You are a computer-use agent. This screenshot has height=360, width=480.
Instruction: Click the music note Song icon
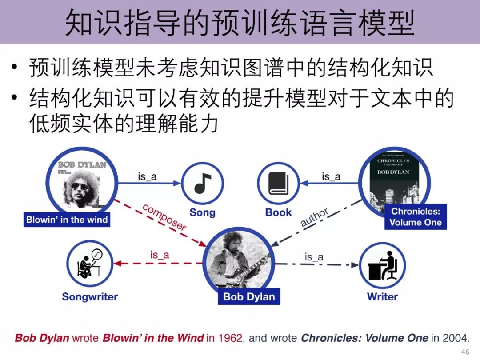pos(202,183)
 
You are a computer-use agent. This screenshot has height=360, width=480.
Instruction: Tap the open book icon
pos(279,183)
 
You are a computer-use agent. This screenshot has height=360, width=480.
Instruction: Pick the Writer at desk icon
pos(382,265)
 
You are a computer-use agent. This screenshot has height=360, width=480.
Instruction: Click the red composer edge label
pos(164,217)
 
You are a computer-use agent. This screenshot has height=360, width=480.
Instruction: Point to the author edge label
pos(314,218)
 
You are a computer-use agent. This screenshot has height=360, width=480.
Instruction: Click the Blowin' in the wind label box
pos(67,220)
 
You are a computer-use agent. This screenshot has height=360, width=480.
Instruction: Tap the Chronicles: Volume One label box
pos(416,217)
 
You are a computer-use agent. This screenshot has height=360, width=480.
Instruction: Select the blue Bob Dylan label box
pos(249,296)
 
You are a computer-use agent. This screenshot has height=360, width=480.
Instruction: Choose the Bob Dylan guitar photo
pos(239,260)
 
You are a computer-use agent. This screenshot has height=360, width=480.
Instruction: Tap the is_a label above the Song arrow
pos(147,177)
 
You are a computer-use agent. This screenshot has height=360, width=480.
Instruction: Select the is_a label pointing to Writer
pos(314,257)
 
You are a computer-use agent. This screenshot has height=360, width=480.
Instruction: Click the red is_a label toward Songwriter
pos(160,255)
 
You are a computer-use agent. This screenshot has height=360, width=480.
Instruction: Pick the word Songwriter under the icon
pos(90,296)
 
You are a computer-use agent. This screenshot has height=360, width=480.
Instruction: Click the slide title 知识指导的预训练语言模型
pos(240,22)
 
